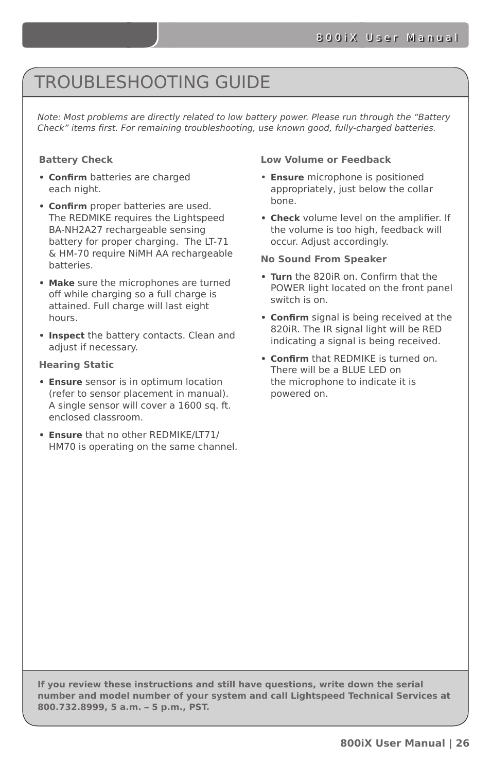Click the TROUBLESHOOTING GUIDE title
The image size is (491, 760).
coord(152,82)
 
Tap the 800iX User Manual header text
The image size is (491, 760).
coord(387,38)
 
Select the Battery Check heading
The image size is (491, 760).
coord(76,160)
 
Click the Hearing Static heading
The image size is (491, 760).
coord(76,365)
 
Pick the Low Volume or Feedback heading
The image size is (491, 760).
coord(325,160)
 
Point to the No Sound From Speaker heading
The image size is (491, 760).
coord(323,259)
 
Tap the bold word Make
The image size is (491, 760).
coord(61,283)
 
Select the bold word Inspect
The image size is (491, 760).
coord(66,335)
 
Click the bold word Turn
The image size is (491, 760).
coord(281,277)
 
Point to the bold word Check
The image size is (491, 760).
coord(285,218)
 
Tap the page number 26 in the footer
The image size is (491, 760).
coord(462,743)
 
